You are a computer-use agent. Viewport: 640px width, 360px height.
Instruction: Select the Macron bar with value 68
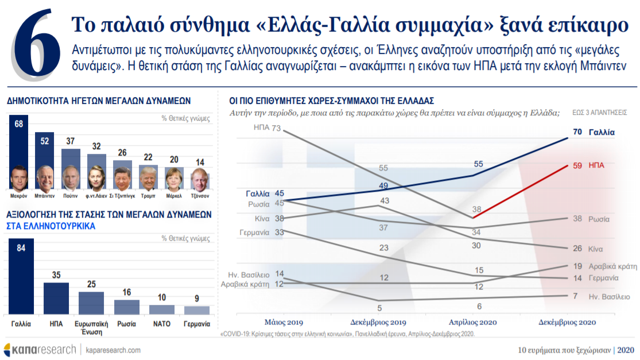pyautogui.click(x=19, y=144)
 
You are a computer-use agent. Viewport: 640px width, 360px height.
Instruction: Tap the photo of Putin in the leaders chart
pyautogui.click(x=71, y=177)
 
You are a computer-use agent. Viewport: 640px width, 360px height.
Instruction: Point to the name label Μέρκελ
pyautogui.click(x=174, y=195)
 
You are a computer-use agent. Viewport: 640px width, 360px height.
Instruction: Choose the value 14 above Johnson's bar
pyautogui.click(x=200, y=162)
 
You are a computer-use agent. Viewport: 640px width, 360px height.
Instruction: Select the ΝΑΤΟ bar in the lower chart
pyautogui.click(x=162, y=309)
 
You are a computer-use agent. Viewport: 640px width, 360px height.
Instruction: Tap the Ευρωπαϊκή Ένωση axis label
pyautogui.click(x=91, y=328)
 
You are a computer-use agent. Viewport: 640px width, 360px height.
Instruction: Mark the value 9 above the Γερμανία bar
pyautogui.click(x=197, y=299)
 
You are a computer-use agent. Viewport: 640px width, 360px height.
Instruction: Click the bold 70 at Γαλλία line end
pyautogui.click(x=577, y=132)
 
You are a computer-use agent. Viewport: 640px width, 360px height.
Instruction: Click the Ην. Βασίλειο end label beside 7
pyautogui.click(x=609, y=297)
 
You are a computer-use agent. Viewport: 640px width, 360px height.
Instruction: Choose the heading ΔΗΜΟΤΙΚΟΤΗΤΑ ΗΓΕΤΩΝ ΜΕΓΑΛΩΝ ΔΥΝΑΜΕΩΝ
pyautogui.click(x=98, y=100)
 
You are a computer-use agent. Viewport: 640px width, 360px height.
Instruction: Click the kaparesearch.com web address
pyautogui.click(x=113, y=350)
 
